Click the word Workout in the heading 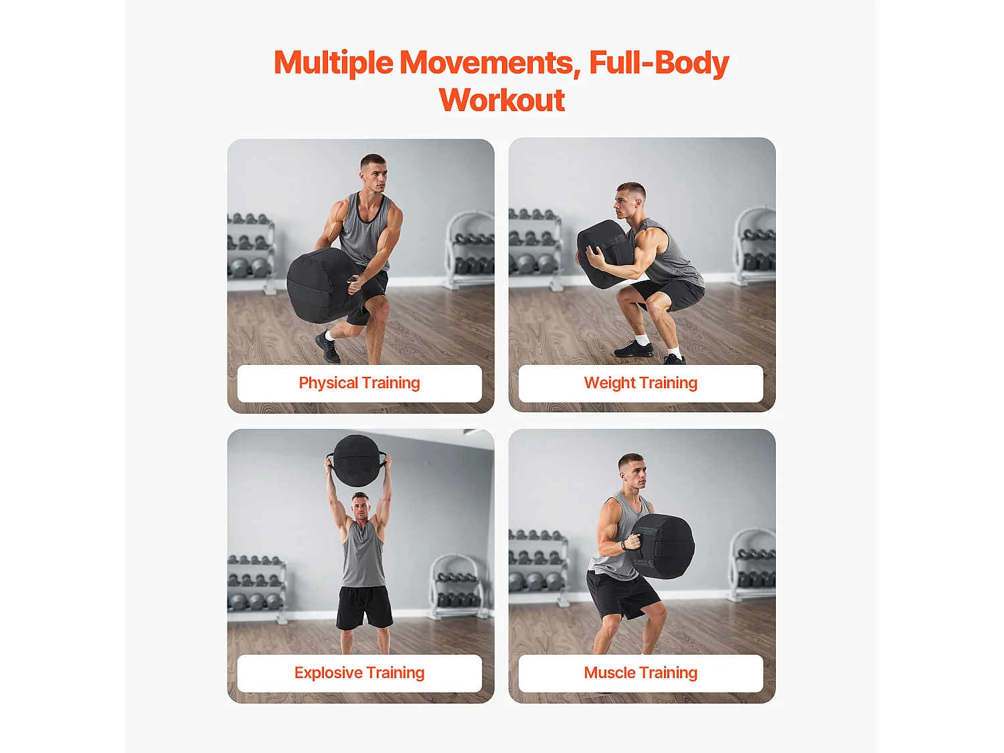(x=502, y=100)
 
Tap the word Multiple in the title (x=333, y=62)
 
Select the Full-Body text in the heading (x=659, y=62)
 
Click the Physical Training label (x=359, y=383)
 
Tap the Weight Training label (x=641, y=383)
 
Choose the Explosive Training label (x=359, y=673)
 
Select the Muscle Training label (x=641, y=673)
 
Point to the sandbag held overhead (x=357, y=461)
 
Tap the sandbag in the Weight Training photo (x=604, y=253)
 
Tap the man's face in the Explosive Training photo (x=361, y=508)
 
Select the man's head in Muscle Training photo (x=633, y=473)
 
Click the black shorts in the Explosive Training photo (x=365, y=606)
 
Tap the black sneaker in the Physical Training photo (x=328, y=347)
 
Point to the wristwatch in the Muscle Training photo (x=624, y=545)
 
